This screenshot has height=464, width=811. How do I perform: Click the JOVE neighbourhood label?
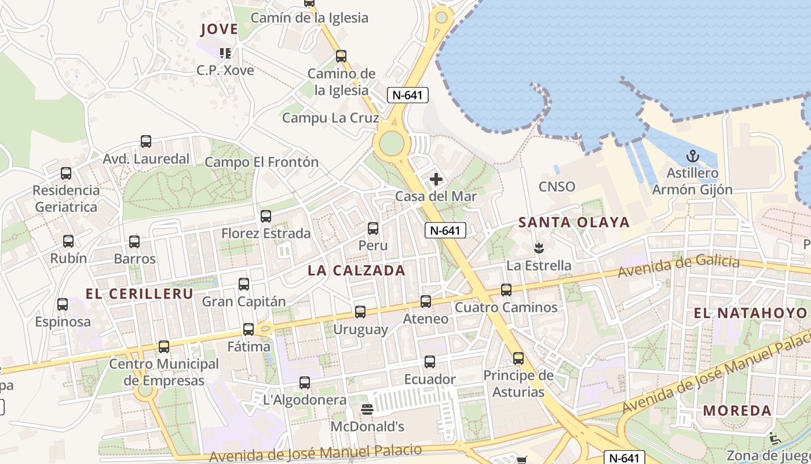219,29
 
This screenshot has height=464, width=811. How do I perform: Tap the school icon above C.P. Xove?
225,53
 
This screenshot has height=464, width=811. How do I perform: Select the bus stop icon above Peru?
373,229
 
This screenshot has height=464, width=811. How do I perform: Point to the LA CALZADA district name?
356,270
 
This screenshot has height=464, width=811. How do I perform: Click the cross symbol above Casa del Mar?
436,179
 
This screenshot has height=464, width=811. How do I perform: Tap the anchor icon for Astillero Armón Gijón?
692,155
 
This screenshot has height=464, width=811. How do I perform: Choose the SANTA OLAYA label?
573,222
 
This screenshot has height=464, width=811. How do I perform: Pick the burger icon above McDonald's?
367,409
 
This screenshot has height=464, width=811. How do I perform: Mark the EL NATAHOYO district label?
750,313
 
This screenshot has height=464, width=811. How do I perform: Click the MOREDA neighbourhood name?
737,411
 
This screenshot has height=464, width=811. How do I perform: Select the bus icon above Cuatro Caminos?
506,290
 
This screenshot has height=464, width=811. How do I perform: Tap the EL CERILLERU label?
139,293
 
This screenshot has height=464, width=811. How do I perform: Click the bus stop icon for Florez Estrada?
266,216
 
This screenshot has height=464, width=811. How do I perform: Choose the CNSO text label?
557,186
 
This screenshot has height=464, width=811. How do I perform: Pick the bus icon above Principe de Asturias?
518,358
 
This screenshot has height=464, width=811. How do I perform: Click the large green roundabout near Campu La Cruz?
392,143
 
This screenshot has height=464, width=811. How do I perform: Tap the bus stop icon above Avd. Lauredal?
146,142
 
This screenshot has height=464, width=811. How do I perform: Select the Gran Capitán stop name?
244,302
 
